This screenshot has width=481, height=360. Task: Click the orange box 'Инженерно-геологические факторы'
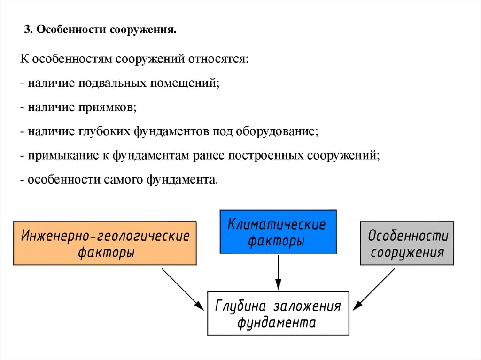click(105, 243)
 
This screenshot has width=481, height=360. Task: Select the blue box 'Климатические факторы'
click(278, 232)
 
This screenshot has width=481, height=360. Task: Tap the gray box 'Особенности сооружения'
click(407, 243)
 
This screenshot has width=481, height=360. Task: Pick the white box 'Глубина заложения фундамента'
click(278, 313)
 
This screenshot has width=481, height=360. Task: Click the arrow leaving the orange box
click(182, 289)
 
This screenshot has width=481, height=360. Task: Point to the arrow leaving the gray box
click(375, 289)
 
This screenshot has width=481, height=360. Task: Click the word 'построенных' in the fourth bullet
click(266, 156)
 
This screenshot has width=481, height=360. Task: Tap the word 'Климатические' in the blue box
click(277, 224)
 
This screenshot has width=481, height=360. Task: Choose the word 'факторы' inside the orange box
click(107, 252)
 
